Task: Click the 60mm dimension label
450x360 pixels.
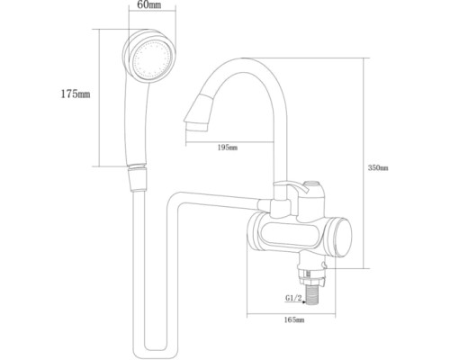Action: pos(148,4)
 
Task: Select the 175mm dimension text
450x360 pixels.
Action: pos(76,94)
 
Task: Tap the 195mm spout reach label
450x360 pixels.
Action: pos(228,148)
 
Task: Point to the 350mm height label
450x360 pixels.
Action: pos(378,168)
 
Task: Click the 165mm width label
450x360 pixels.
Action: pos(294,320)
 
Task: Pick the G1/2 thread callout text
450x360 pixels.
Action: pos(293,298)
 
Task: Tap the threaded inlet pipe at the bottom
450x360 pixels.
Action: pos(312,296)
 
